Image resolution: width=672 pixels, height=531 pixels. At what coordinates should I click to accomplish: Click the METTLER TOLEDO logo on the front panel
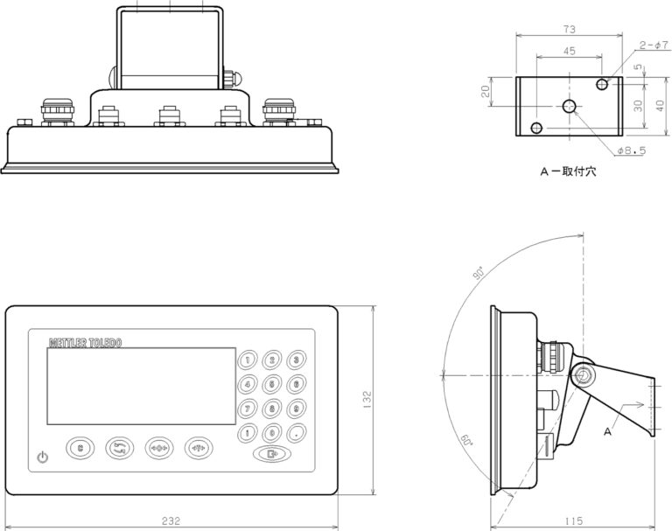coord(85,342)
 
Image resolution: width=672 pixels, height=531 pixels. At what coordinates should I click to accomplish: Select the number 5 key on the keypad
coord(273,383)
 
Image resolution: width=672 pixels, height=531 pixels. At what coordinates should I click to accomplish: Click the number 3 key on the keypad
coord(297,360)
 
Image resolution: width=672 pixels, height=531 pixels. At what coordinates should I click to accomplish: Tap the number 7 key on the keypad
coord(248,408)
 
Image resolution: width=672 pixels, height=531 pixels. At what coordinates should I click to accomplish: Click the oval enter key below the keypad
coord(273,454)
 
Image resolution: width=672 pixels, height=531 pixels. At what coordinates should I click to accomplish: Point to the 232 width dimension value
coord(171,521)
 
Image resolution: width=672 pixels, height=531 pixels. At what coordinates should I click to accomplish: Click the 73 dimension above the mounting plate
coord(570,28)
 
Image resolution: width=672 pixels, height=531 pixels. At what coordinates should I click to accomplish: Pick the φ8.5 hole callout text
coord(631,150)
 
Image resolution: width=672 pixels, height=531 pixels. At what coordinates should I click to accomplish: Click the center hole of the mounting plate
coord(570,107)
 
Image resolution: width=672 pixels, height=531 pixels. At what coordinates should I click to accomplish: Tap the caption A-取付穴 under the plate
coord(568,172)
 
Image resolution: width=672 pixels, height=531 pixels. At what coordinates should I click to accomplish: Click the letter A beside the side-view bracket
coord(607,431)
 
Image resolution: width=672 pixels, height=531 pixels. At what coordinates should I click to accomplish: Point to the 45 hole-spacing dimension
coord(569,52)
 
